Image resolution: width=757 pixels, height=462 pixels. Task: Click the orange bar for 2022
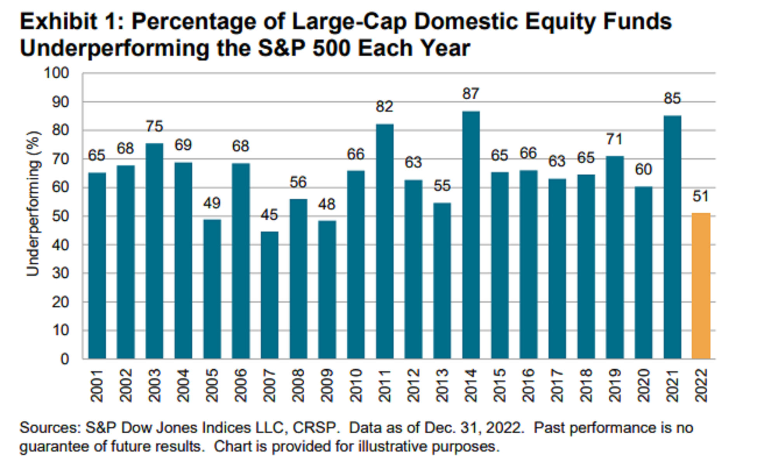(x=701, y=286)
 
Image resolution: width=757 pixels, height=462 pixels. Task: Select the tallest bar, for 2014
(x=471, y=235)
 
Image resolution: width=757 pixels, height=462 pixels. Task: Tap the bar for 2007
(x=269, y=295)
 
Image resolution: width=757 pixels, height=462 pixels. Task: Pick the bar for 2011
(x=384, y=241)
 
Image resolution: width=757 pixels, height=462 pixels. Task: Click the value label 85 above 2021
(x=672, y=99)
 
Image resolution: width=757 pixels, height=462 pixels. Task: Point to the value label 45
(x=269, y=215)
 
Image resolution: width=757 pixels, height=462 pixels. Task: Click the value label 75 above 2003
(x=155, y=126)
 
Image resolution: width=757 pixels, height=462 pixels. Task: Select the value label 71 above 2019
(x=614, y=139)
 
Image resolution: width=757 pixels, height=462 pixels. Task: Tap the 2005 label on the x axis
(x=212, y=385)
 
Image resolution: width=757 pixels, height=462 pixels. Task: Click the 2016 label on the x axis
(x=528, y=385)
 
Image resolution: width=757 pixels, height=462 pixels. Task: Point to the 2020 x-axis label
(x=643, y=385)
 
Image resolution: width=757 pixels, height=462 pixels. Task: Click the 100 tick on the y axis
(x=56, y=73)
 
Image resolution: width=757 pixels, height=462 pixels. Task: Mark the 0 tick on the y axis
(x=64, y=359)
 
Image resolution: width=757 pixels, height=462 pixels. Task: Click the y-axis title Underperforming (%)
(x=33, y=204)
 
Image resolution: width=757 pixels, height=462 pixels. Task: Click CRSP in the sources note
(x=314, y=428)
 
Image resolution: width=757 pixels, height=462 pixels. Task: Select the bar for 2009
(x=327, y=290)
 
